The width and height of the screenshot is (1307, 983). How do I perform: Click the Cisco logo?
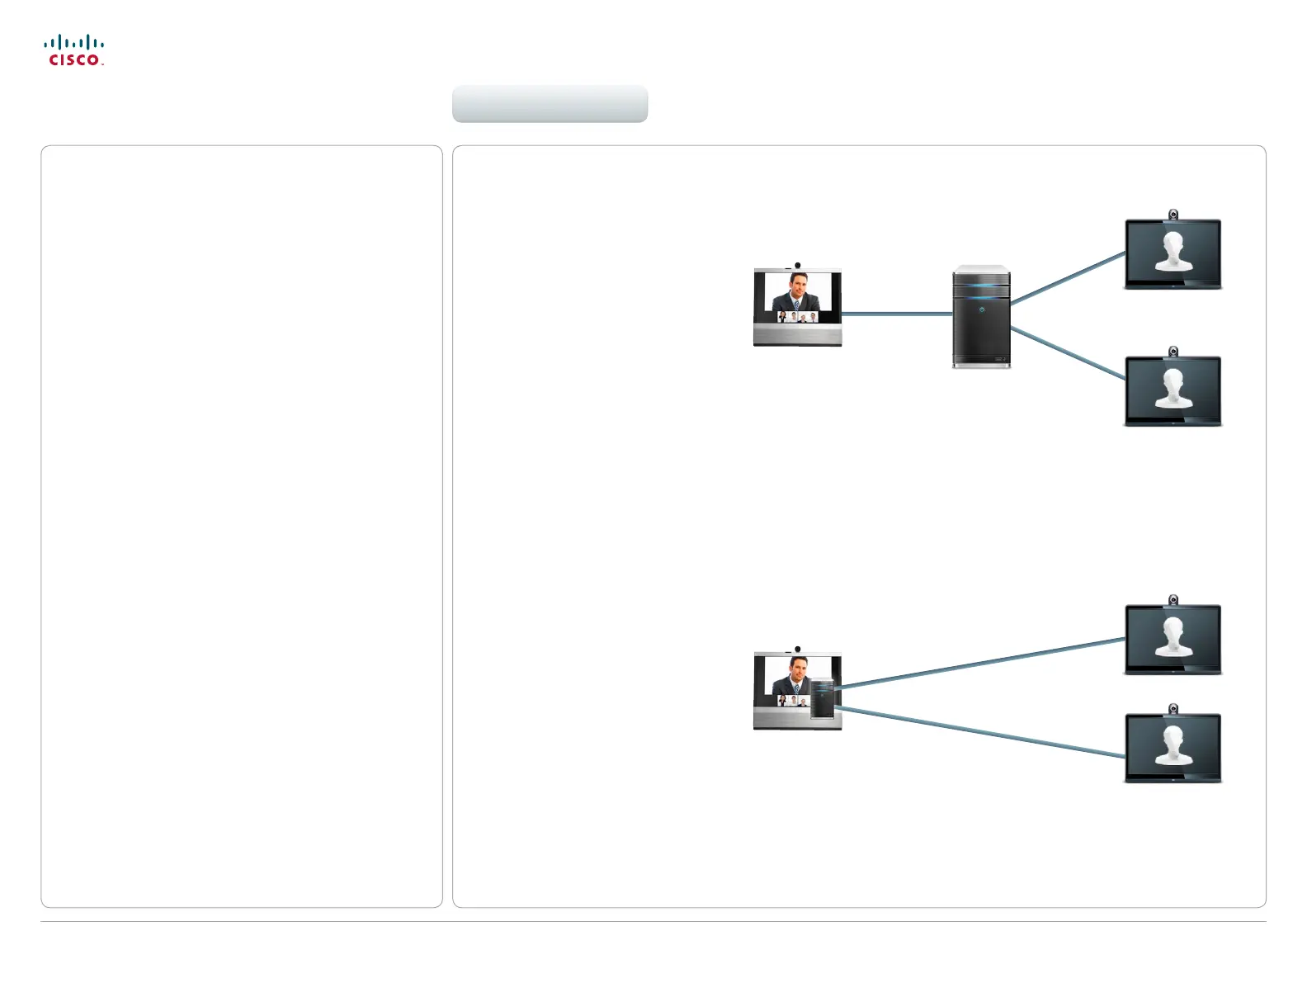(x=74, y=50)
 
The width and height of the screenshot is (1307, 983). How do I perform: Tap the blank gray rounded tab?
(x=550, y=104)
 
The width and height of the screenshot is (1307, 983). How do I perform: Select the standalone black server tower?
(x=981, y=318)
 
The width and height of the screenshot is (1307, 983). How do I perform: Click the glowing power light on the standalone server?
(x=982, y=310)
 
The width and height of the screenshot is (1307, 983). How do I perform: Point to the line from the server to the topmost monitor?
(x=1068, y=278)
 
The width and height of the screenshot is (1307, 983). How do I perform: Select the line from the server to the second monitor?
(x=1068, y=353)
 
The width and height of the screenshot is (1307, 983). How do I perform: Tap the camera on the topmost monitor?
(x=1173, y=215)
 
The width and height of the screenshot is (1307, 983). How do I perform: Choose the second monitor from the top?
(x=1173, y=391)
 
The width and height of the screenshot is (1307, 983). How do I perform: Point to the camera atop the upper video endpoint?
(x=797, y=266)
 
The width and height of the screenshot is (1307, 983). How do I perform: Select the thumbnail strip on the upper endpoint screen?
(x=797, y=317)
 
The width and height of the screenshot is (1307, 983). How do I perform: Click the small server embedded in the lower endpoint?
(x=823, y=699)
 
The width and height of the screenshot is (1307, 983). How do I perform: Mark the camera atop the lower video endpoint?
(x=797, y=650)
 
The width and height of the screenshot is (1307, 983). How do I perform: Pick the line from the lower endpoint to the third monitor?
(x=982, y=662)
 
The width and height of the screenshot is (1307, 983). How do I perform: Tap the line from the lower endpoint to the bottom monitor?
(x=982, y=732)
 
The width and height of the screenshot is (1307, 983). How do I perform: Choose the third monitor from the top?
(x=1173, y=640)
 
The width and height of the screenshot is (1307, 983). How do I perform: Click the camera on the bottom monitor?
(x=1173, y=709)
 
